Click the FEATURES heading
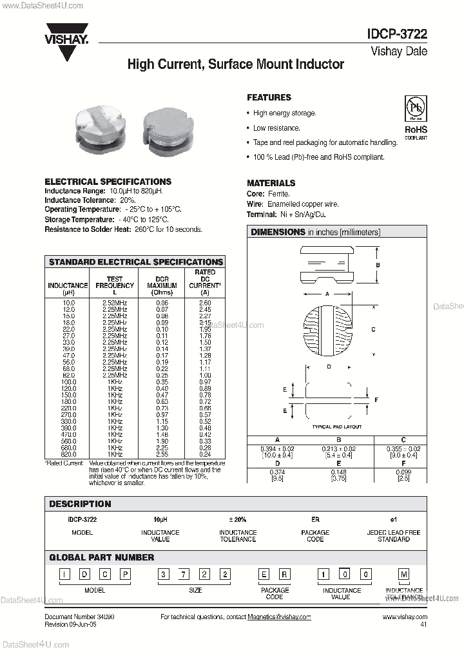pos(269,97)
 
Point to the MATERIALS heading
pos(271,183)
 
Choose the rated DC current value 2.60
pos(205,302)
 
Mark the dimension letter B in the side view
pos(378,265)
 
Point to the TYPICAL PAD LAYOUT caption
pos(337,427)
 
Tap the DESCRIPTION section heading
pos(80,504)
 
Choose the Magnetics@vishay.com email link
pos(279,617)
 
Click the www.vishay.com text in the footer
pos(405,617)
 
